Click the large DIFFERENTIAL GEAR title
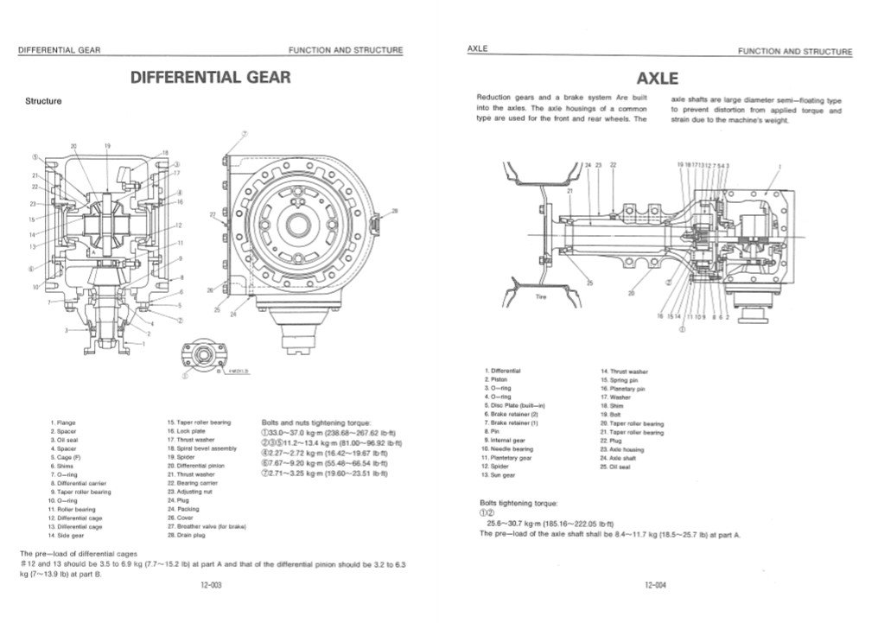[210, 78]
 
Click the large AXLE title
[657, 79]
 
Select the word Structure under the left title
[43, 101]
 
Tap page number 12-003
[211, 585]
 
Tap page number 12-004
[655, 585]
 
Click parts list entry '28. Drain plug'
[188, 535]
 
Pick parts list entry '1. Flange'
[64, 423]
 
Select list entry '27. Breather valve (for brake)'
[207, 526]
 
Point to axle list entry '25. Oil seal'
[615, 467]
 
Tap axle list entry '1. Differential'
[503, 371]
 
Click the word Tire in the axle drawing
[542, 296]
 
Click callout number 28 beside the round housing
[394, 210]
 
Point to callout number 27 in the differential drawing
[213, 213]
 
